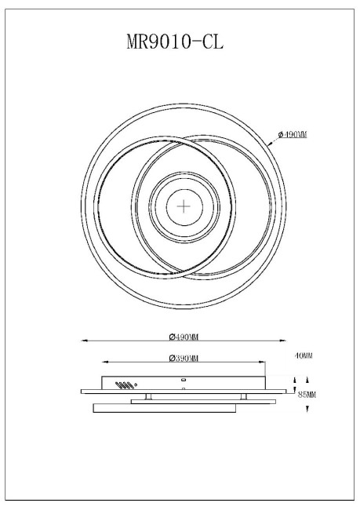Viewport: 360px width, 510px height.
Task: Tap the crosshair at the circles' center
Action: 184,207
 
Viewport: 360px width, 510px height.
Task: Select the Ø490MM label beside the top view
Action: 292,135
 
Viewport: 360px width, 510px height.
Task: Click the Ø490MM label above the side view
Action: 183,337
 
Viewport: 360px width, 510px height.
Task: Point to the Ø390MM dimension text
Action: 183,358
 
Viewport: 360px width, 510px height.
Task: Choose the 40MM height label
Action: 304,355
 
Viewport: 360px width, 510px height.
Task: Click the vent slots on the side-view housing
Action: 122,385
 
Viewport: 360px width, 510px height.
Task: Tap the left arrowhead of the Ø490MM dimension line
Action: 84,341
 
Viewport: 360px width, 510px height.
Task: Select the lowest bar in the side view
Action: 164,408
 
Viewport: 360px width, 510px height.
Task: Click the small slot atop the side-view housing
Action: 183,378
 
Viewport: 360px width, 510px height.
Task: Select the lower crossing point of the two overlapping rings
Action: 184,275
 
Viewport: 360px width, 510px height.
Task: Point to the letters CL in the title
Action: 212,42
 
